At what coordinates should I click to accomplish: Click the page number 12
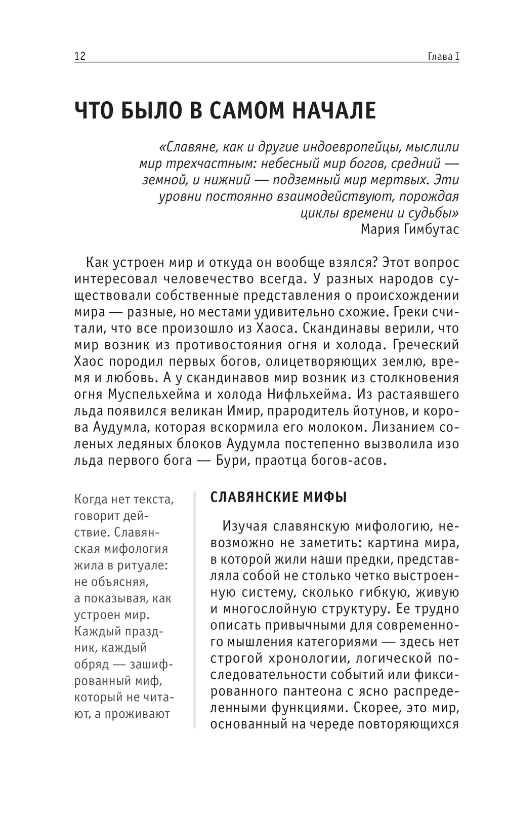click(x=80, y=56)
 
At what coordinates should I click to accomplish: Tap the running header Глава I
click(x=443, y=56)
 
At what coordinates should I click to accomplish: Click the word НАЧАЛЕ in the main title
click(x=331, y=110)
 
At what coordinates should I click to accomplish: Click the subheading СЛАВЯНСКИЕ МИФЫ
click(x=278, y=497)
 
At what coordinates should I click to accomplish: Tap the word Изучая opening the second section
click(x=244, y=526)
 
